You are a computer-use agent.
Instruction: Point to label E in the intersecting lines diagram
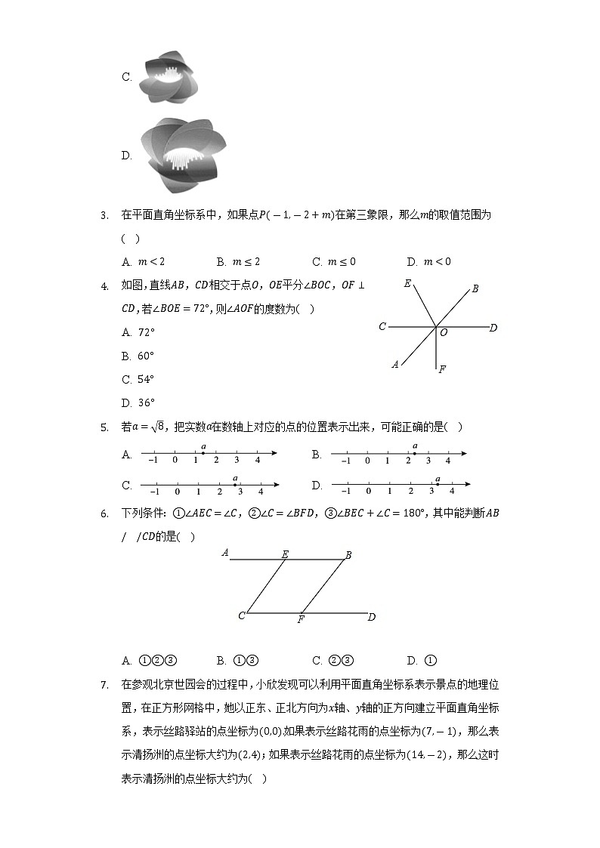pyautogui.click(x=407, y=285)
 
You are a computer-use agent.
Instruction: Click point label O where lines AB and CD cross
pyautogui.click(x=444, y=333)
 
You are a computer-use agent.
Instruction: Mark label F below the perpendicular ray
pyautogui.click(x=442, y=369)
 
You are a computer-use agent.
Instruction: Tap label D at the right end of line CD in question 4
pyautogui.click(x=493, y=328)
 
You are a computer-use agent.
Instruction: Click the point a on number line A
pyautogui.click(x=203, y=453)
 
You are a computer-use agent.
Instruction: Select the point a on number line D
pyautogui.click(x=438, y=483)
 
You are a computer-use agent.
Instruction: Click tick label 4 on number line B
pyautogui.click(x=448, y=461)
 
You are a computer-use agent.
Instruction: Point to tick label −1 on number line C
pyautogui.click(x=153, y=492)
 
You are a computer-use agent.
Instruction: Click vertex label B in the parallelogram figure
pyautogui.click(x=348, y=555)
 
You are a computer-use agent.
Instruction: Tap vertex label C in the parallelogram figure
pyautogui.click(x=242, y=615)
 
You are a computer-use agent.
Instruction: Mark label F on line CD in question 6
pyautogui.click(x=301, y=620)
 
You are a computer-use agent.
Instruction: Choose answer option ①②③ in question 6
pyautogui.click(x=157, y=661)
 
